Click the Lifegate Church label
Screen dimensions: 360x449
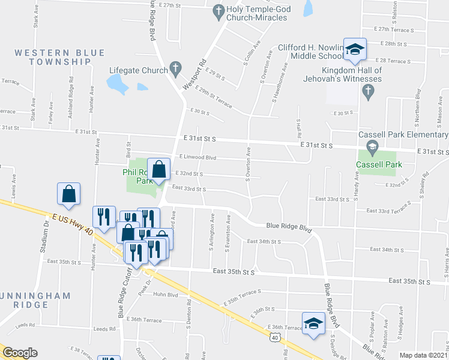pos(134,70)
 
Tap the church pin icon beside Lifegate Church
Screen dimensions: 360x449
pos(175,67)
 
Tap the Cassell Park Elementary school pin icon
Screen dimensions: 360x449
pos(372,146)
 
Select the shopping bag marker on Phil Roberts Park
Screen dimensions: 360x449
pos(159,171)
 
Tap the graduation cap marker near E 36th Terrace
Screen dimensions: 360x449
pos(313,325)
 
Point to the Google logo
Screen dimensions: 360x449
pos(20,353)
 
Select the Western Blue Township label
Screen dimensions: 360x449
pos(52,57)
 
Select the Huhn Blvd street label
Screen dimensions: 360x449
pos(166,294)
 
